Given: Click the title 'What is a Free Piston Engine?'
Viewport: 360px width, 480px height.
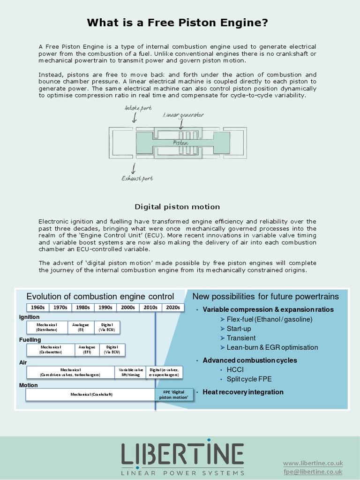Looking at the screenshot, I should pos(177,22).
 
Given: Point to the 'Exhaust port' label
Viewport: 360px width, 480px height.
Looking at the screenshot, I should pos(137,178).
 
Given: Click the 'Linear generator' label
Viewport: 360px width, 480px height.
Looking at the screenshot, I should pos(183,115).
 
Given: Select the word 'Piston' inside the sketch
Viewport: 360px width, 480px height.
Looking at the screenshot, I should pos(180,142).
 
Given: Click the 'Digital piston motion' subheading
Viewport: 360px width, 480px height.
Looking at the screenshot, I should pos(177,207).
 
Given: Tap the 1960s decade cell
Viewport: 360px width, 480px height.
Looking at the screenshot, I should pos(37,307).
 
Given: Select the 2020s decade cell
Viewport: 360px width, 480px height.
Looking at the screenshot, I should pos(173,307).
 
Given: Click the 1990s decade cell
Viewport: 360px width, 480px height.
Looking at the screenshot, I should pos(105,307).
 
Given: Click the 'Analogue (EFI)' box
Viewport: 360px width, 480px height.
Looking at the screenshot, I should pos(87,349).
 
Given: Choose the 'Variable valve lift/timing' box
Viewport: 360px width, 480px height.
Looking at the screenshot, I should pos(130,372).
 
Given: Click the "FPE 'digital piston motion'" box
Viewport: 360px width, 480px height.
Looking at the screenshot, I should pos(173,395).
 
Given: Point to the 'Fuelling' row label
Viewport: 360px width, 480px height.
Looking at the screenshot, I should pos(30,339).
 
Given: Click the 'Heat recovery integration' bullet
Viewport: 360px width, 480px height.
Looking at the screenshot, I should pos(243,392).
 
